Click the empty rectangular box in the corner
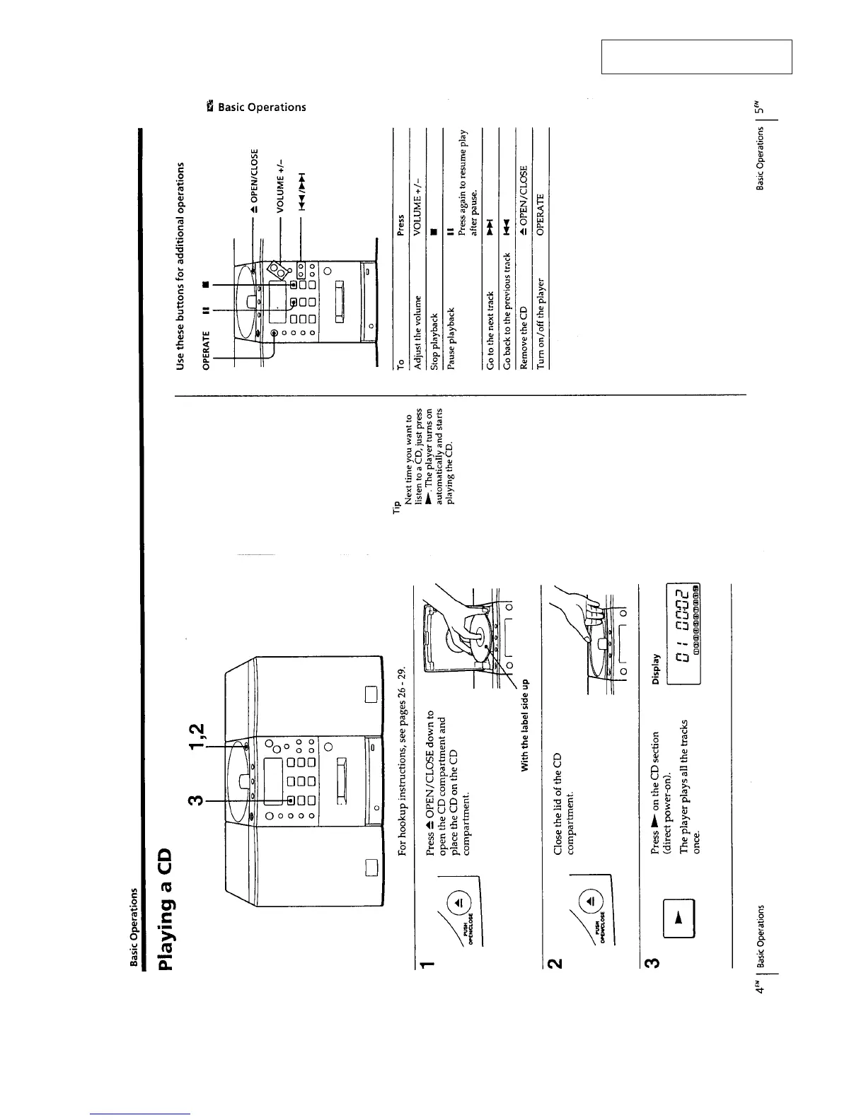696,57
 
